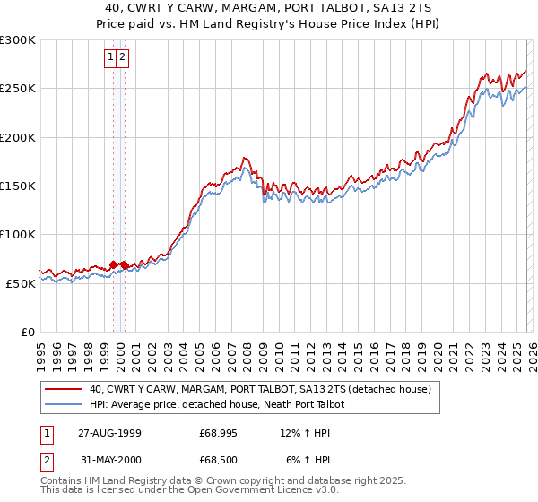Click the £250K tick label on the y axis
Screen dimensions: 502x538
click(x=17, y=89)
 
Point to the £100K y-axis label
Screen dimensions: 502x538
click(x=17, y=234)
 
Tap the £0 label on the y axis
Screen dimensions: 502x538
click(x=28, y=332)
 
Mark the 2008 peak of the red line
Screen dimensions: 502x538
click(x=244, y=157)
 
